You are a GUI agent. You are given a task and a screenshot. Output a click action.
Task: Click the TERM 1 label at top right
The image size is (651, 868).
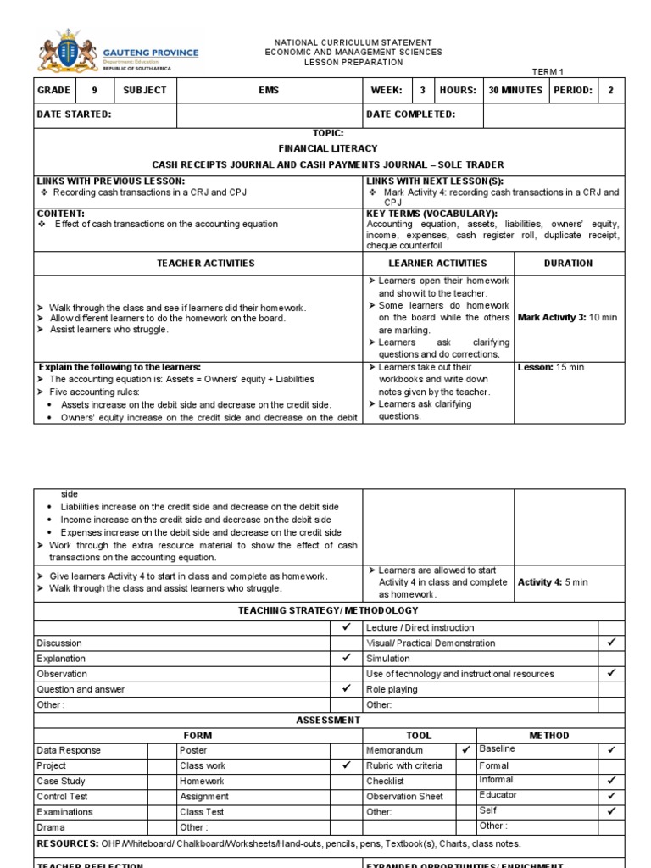[548, 73]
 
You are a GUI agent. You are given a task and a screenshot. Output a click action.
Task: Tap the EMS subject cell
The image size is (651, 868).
[269, 90]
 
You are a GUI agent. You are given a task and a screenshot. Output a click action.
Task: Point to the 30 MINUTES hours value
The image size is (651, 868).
[515, 90]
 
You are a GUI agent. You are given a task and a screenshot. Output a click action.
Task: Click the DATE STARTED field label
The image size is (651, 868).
[75, 114]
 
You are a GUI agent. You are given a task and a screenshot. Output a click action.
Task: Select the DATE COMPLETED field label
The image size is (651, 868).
[410, 114]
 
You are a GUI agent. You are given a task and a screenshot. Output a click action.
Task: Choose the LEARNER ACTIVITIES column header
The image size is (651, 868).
[438, 264]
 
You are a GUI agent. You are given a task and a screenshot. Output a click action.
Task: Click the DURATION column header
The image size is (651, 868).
[568, 264]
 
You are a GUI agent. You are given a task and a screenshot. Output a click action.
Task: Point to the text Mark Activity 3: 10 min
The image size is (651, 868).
[567, 317]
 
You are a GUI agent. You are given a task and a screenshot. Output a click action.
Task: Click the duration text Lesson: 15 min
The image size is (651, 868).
[551, 367]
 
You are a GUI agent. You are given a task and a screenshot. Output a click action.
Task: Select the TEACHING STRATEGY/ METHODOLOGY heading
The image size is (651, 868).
[327, 610]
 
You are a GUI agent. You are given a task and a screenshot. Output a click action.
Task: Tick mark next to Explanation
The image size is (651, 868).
[346, 658]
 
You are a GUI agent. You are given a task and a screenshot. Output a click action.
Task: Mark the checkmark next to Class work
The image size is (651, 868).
[346, 765]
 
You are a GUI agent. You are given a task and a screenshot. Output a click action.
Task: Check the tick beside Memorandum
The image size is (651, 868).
[465, 749]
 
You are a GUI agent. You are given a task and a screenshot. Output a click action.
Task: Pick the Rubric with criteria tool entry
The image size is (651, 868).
[404, 765]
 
